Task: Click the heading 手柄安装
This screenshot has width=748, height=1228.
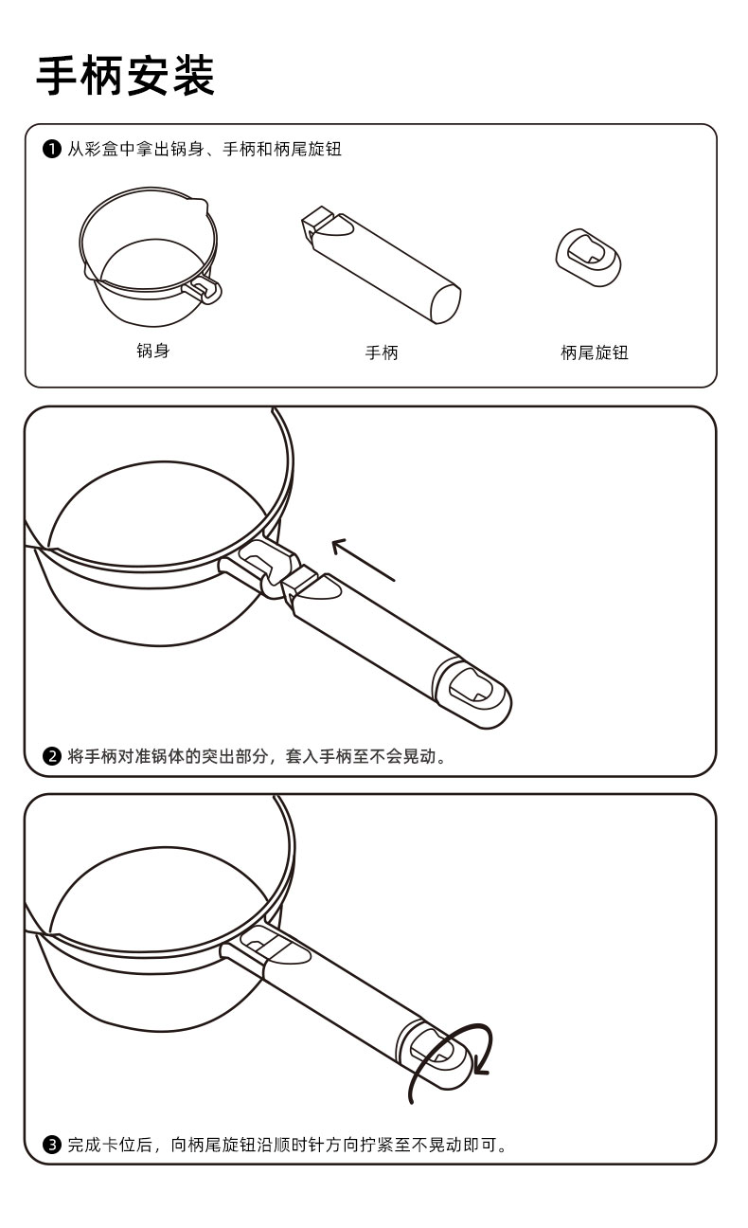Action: (126, 76)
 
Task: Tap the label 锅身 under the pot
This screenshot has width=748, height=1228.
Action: (152, 352)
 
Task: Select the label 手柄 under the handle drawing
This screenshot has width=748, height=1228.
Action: (382, 353)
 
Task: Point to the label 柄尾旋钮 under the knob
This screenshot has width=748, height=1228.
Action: (594, 353)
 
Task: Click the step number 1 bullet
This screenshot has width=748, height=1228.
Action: (52, 150)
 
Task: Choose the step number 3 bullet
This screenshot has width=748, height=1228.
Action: (53, 1145)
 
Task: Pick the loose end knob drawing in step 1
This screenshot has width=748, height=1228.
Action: (588, 256)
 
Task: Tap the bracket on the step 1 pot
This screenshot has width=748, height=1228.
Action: (206, 289)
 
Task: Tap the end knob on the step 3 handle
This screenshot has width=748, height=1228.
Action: (438, 1052)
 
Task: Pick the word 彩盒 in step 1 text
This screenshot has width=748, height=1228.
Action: (102, 150)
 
